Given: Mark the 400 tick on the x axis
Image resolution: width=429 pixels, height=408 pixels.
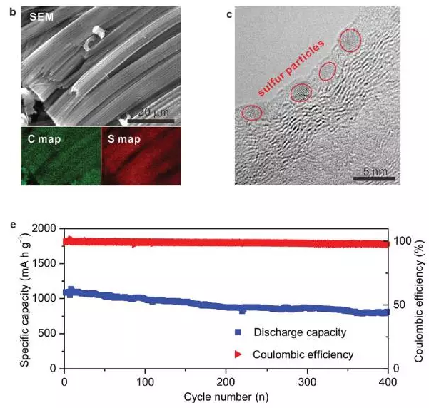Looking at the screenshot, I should click(x=388, y=378).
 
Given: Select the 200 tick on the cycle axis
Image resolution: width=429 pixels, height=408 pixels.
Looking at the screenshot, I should click(x=226, y=378).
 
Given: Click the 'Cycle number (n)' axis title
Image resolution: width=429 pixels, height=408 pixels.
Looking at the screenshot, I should click(x=226, y=396).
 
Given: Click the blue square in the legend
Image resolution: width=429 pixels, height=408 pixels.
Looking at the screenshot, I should click(x=238, y=332).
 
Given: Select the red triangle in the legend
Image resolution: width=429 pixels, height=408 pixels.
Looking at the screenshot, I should click(x=238, y=353).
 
